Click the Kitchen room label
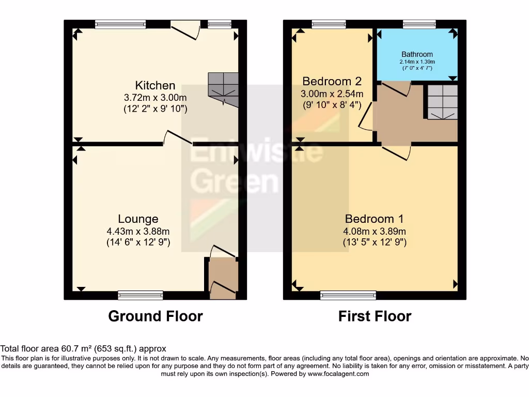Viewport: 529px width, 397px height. click(x=155, y=85)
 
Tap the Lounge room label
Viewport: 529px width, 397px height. click(x=138, y=219)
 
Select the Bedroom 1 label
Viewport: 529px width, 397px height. click(x=375, y=219)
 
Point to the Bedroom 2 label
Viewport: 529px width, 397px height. click(x=332, y=81)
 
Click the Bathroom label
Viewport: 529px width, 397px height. click(x=417, y=54)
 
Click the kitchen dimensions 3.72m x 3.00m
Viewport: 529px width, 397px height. click(x=155, y=97)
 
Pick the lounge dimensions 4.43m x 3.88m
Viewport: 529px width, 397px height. click(x=138, y=231)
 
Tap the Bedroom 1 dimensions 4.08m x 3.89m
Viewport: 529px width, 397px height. click(x=375, y=231)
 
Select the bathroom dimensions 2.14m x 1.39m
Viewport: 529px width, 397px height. click(x=417, y=62)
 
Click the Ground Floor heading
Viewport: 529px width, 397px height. click(x=155, y=316)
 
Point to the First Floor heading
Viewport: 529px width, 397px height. click(x=375, y=316)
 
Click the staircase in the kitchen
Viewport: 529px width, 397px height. click(x=224, y=89)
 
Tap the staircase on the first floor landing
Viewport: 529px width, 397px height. click(x=442, y=102)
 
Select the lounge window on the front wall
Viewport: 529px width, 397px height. click(x=141, y=295)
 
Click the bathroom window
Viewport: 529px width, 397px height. click(x=419, y=24)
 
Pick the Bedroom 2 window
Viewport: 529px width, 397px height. click(x=329, y=24)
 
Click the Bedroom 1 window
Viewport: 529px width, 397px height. click(x=348, y=295)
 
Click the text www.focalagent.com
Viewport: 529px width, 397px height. click(x=339, y=374)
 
